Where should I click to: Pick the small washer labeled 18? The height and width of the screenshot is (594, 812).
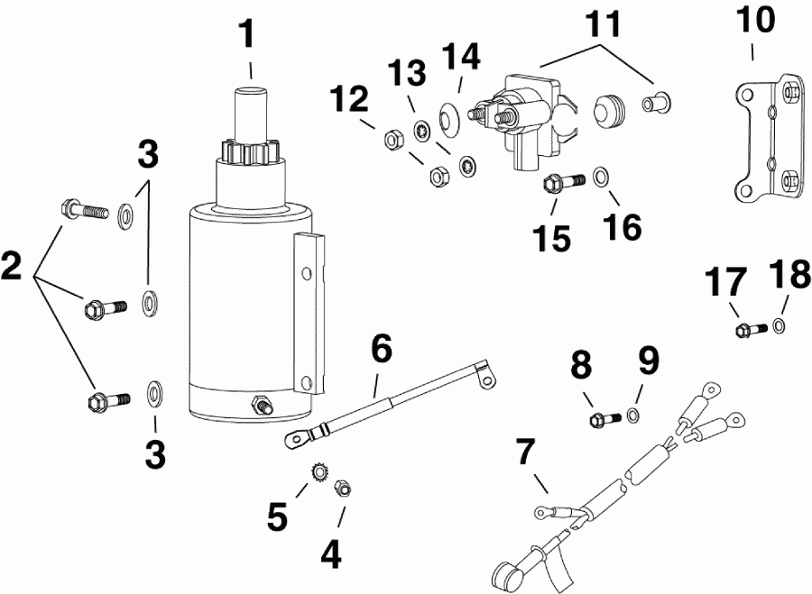point(778,325)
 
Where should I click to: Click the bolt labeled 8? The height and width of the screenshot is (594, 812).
point(603,419)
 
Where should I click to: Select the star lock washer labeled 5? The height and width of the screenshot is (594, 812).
point(318,471)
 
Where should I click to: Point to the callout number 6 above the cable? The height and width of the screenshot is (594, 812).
point(382,347)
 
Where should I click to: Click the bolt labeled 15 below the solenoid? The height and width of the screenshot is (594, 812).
point(552,185)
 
